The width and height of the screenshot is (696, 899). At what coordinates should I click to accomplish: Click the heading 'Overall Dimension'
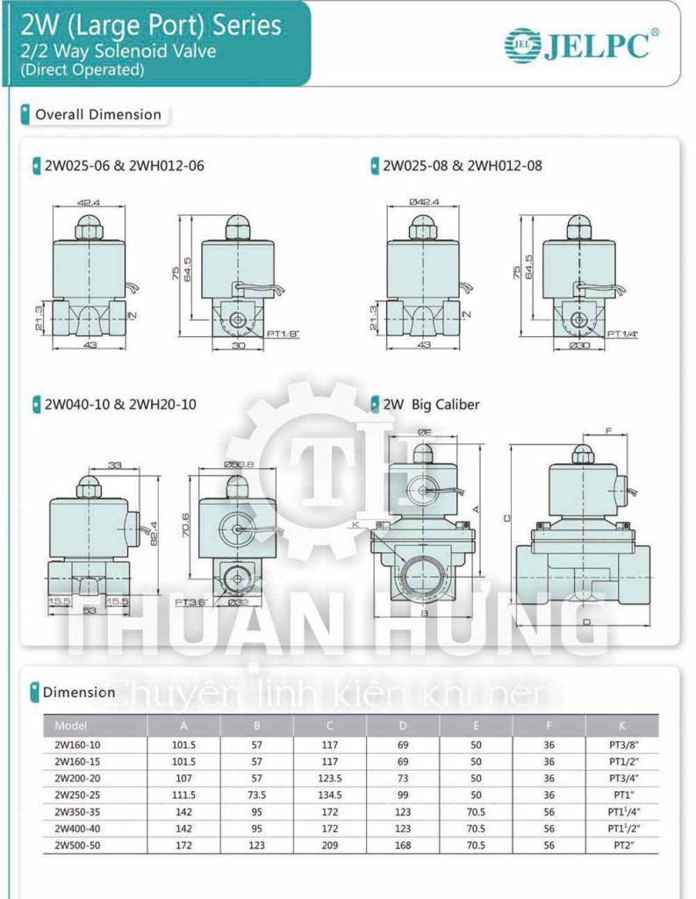[x=97, y=114]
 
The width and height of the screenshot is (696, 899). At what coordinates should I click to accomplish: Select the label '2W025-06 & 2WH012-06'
[x=122, y=165]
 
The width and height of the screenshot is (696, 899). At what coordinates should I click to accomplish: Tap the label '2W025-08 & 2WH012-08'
[x=462, y=165]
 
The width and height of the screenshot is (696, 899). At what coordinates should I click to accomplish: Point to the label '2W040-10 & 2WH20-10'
[x=120, y=405]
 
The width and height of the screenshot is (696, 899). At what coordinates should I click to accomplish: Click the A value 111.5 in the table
[x=184, y=794]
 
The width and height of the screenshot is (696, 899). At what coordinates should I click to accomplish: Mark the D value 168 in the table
[x=403, y=843]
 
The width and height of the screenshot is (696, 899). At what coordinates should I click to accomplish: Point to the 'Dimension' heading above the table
[x=79, y=692]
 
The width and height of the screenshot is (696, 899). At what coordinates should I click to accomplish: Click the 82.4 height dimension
[x=154, y=532]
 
